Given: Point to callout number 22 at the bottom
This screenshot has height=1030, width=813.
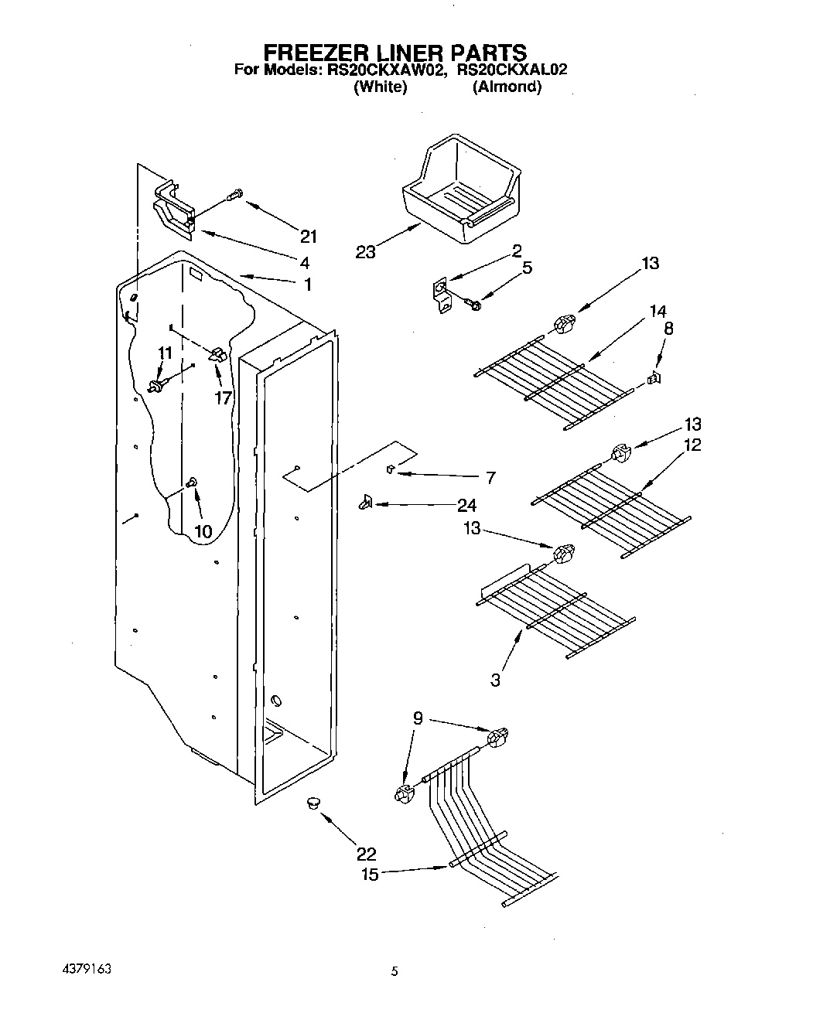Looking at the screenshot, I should [366, 854].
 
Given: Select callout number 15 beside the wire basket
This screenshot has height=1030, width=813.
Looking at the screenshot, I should [371, 875].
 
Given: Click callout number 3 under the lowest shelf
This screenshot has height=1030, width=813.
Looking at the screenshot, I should [495, 680].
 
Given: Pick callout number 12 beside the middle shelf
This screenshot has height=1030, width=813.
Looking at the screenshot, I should [692, 445].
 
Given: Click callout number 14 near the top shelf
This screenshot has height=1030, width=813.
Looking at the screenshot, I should [658, 312].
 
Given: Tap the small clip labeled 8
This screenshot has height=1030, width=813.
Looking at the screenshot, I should [654, 378].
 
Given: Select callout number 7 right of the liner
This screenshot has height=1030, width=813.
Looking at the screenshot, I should [490, 478].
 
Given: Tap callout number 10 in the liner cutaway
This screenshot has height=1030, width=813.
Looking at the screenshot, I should [202, 531].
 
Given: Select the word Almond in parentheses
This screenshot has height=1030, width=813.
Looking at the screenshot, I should [507, 87].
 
